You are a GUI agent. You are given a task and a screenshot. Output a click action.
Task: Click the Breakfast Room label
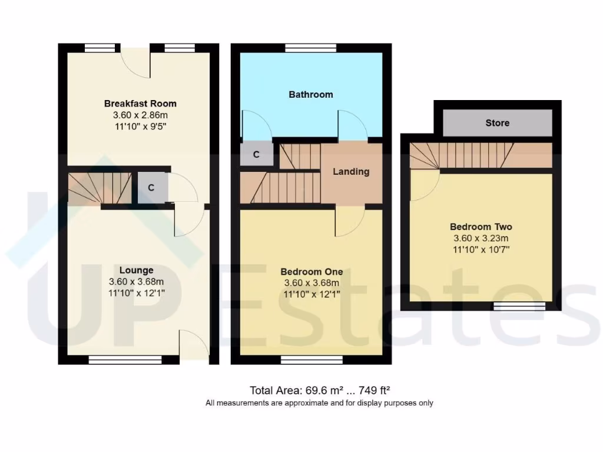[140, 104]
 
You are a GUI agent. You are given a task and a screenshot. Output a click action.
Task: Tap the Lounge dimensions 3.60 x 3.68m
[136, 281]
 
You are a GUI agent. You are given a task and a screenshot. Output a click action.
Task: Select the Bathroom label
[310, 94]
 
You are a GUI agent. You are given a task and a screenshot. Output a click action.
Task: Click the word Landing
[351, 172]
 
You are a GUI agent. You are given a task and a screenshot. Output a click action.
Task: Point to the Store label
[497, 123]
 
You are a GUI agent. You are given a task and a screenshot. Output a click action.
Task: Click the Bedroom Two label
[481, 227]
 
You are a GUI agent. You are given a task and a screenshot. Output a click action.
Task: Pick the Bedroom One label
[312, 272]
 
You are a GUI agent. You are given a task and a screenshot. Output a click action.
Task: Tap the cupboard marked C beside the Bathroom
[256, 155]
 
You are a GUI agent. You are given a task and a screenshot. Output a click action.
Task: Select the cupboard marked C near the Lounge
[151, 188]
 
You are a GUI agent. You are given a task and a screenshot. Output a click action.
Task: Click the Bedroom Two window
[519, 306]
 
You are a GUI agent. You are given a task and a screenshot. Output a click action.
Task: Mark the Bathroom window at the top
[311, 48]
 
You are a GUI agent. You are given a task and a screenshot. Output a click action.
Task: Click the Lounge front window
[124, 359]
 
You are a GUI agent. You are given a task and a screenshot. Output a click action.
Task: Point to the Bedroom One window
[312, 359]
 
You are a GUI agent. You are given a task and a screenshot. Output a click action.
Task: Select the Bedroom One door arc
[350, 221]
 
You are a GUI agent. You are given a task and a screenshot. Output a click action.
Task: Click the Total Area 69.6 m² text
[320, 390]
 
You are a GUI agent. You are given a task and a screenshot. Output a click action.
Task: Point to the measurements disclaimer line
[319, 403]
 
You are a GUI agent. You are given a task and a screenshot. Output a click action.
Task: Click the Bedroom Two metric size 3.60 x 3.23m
[481, 238]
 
